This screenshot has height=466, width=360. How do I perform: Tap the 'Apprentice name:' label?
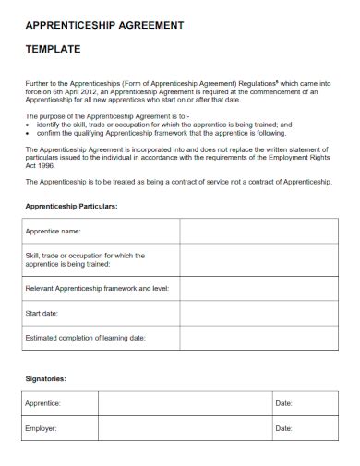pyautogui.click(x=54, y=230)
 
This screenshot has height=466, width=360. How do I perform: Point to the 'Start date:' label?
pyautogui.click(x=43, y=314)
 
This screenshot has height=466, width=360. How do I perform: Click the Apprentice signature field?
pyautogui.click(x=180, y=403)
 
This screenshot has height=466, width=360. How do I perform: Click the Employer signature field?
pyautogui.click(x=180, y=428)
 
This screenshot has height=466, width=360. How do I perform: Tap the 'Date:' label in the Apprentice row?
pyautogui.click(x=283, y=403)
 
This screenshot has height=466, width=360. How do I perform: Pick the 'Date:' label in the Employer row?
pyautogui.click(x=283, y=428)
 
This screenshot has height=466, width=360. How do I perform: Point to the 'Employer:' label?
pyautogui.click(x=42, y=428)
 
